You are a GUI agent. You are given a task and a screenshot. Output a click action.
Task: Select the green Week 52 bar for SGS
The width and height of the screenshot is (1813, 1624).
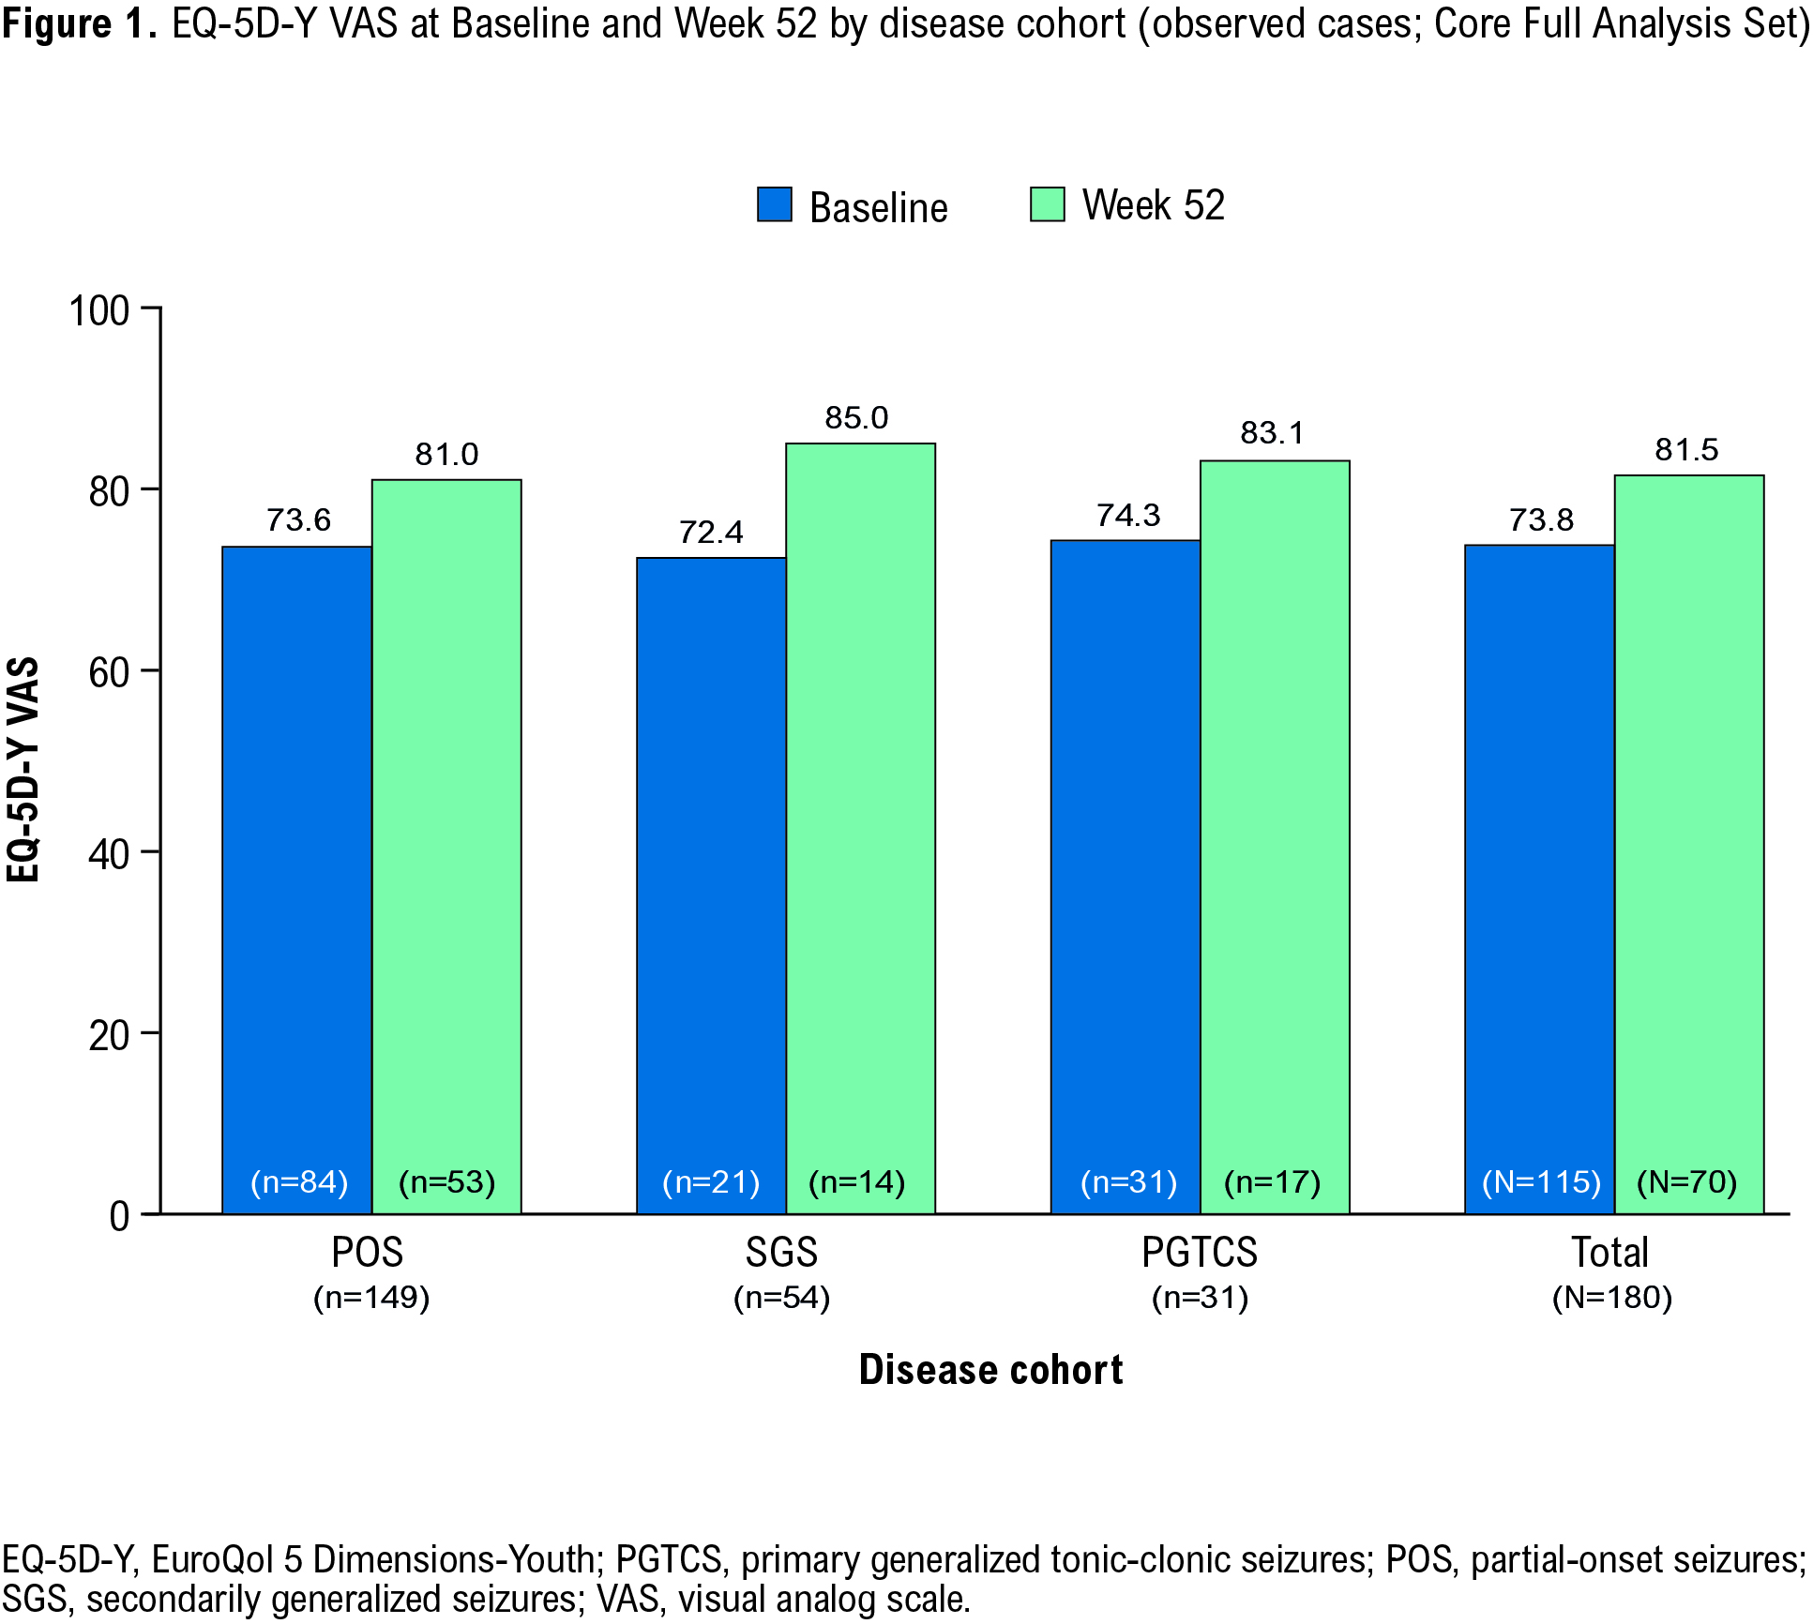(860, 825)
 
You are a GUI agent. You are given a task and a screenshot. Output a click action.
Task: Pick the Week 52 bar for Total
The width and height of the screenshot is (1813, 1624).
(1688, 844)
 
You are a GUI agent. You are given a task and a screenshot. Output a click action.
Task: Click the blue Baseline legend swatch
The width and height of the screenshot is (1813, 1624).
(774, 204)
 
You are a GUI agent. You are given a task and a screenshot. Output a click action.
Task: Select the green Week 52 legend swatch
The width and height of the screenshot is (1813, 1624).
(1047, 204)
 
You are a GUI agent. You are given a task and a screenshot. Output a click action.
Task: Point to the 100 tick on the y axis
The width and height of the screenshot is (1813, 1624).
(99, 310)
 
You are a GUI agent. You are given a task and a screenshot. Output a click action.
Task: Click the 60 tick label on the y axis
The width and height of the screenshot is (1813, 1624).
(109, 672)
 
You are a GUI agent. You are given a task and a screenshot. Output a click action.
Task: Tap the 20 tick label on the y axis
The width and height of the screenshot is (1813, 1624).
(109, 1035)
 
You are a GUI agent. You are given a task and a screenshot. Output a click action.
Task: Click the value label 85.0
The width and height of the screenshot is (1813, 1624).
(856, 418)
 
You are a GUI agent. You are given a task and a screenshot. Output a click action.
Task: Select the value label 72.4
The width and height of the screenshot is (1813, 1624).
(711, 533)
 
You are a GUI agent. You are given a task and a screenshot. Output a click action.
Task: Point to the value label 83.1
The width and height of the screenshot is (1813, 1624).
(1272, 433)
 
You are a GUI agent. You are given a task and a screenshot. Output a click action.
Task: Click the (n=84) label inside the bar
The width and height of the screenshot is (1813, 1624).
(299, 1181)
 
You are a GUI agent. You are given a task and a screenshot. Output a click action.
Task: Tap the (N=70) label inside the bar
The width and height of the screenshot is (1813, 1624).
(1686, 1181)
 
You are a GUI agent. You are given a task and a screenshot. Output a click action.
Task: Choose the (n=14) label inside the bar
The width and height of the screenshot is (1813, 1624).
(856, 1181)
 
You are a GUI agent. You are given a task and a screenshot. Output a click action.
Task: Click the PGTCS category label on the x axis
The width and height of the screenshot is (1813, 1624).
(1199, 1253)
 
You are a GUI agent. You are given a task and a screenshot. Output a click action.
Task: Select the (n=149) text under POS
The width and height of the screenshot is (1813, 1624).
(371, 1298)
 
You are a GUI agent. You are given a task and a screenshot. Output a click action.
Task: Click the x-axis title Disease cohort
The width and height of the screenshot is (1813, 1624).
(990, 1370)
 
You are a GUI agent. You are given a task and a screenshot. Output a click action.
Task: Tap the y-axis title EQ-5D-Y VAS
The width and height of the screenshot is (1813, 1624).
(23, 769)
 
